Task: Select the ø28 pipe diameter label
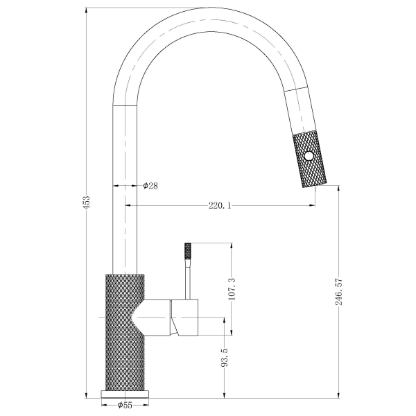point(150,186)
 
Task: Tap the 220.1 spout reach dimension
point(220,205)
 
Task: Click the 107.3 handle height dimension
point(232,288)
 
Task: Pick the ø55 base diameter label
point(125,404)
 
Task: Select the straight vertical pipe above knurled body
point(125,187)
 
